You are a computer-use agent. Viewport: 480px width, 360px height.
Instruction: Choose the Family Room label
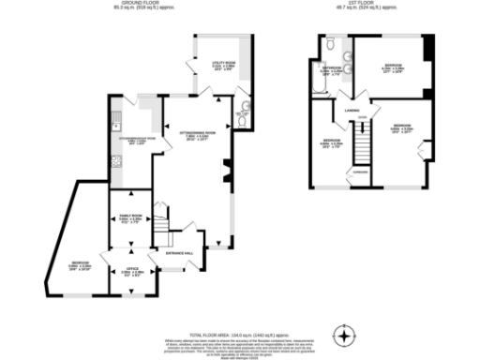pyautogui.click(x=129, y=217)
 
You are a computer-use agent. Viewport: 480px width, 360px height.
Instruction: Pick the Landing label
pyautogui.click(x=352, y=111)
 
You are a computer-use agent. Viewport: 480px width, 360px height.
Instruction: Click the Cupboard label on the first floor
pyautogui.click(x=360, y=172)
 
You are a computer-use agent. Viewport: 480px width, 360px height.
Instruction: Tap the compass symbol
pyautogui.click(x=348, y=335)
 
